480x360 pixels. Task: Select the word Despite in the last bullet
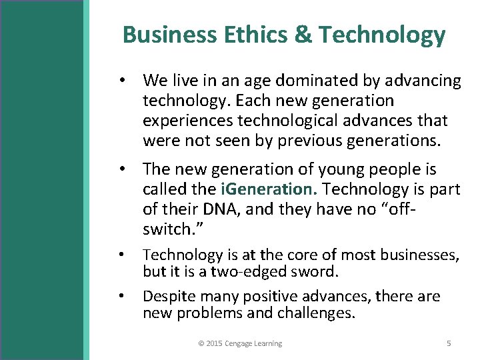click(x=166, y=296)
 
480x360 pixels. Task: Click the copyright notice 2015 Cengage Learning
click(x=240, y=343)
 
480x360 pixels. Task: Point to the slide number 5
click(x=449, y=343)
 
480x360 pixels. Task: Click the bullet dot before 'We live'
click(x=123, y=81)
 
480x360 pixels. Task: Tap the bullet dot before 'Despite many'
click(x=123, y=296)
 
